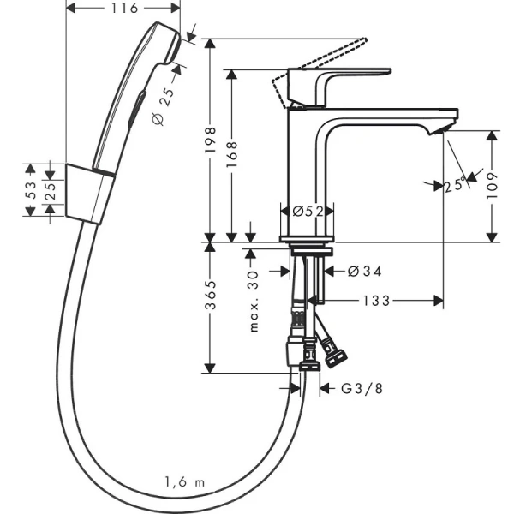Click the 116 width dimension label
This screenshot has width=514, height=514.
[124, 9]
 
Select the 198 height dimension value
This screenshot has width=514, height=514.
[210, 140]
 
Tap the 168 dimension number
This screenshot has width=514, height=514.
[231, 154]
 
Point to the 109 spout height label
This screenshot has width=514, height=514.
[492, 186]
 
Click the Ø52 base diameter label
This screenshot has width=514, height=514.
[308, 212]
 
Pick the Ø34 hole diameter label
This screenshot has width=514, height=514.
[364, 271]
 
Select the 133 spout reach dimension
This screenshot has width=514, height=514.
[377, 301]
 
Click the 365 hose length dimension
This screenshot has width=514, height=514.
[210, 295]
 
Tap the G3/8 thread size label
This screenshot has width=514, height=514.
[362, 388]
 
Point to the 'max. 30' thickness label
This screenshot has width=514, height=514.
[254, 302]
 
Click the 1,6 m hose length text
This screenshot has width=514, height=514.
[184, 482]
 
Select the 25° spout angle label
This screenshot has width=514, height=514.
[455, 184]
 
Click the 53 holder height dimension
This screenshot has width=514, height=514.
[30, 190]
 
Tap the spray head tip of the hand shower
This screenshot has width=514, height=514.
[174, 46]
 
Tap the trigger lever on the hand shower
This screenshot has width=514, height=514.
[137, 109]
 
